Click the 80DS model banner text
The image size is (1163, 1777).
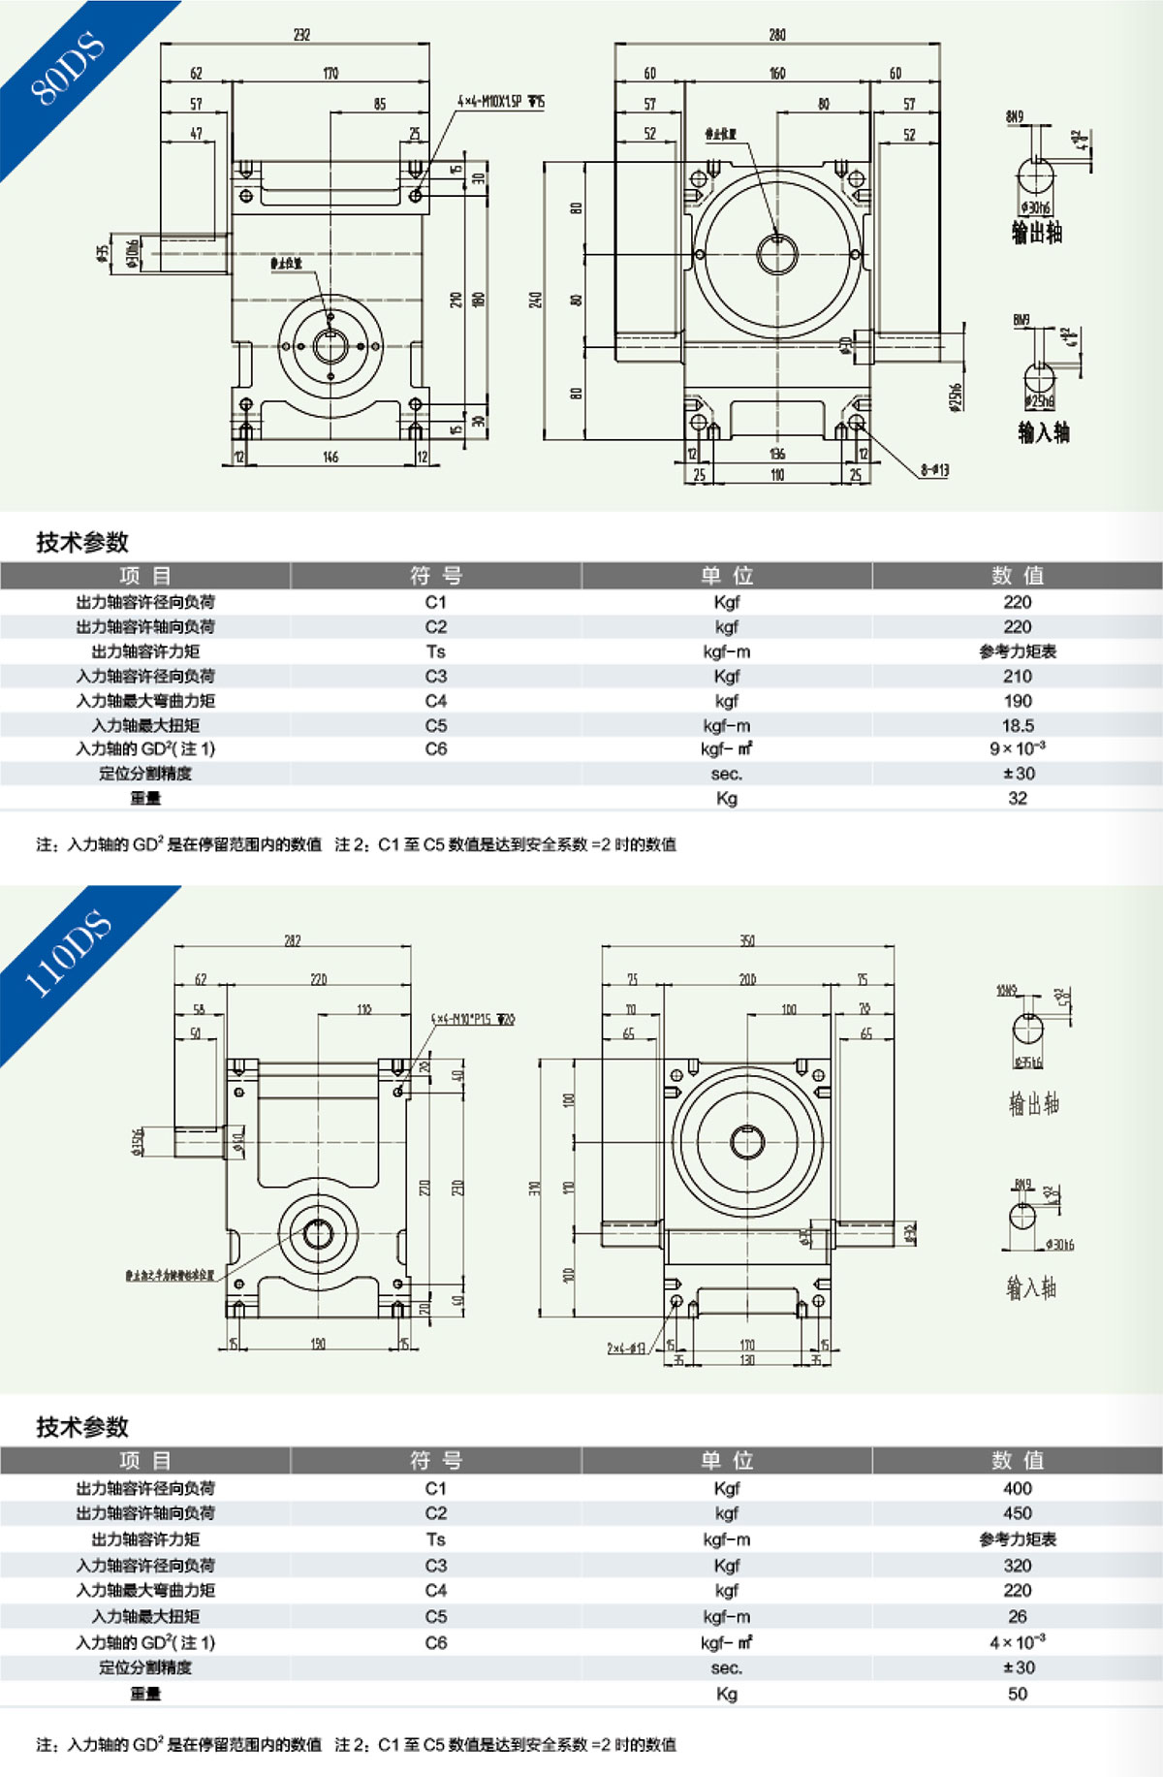[x=67, y=68]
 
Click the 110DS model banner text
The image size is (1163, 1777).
[x=67, y=954]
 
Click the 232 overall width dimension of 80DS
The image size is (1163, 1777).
[x=301, y=35]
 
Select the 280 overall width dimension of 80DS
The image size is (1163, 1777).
[x=777, y=35]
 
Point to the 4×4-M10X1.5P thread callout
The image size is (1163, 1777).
[x=501, y=102]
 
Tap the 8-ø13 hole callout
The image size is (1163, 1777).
[x=934, y=470]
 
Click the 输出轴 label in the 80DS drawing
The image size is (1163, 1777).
[x=1037, y=233]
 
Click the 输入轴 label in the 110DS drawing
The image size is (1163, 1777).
[x=1031, y=1287]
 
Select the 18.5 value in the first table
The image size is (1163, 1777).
[x=1018, y=725]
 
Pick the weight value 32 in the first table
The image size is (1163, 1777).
[x=1018, y=798]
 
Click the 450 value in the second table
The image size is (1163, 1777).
[x=1018, y=1513]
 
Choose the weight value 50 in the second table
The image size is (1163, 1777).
[x=1018, y=1694]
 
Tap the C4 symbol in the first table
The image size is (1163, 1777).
[x=436, y=701]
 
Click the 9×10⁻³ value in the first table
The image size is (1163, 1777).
[x=1018, y=748]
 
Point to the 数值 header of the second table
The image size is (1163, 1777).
[x=1018, y=1460]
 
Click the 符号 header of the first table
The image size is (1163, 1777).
[x=436, y=576]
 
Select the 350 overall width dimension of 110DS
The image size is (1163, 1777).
[x=747, y=941]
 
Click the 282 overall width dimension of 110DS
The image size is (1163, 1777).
[x=293, y=941]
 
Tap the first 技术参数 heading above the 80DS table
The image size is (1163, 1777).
[x=82, y=542]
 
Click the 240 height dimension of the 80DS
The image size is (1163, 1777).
[x=535, y=301]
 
